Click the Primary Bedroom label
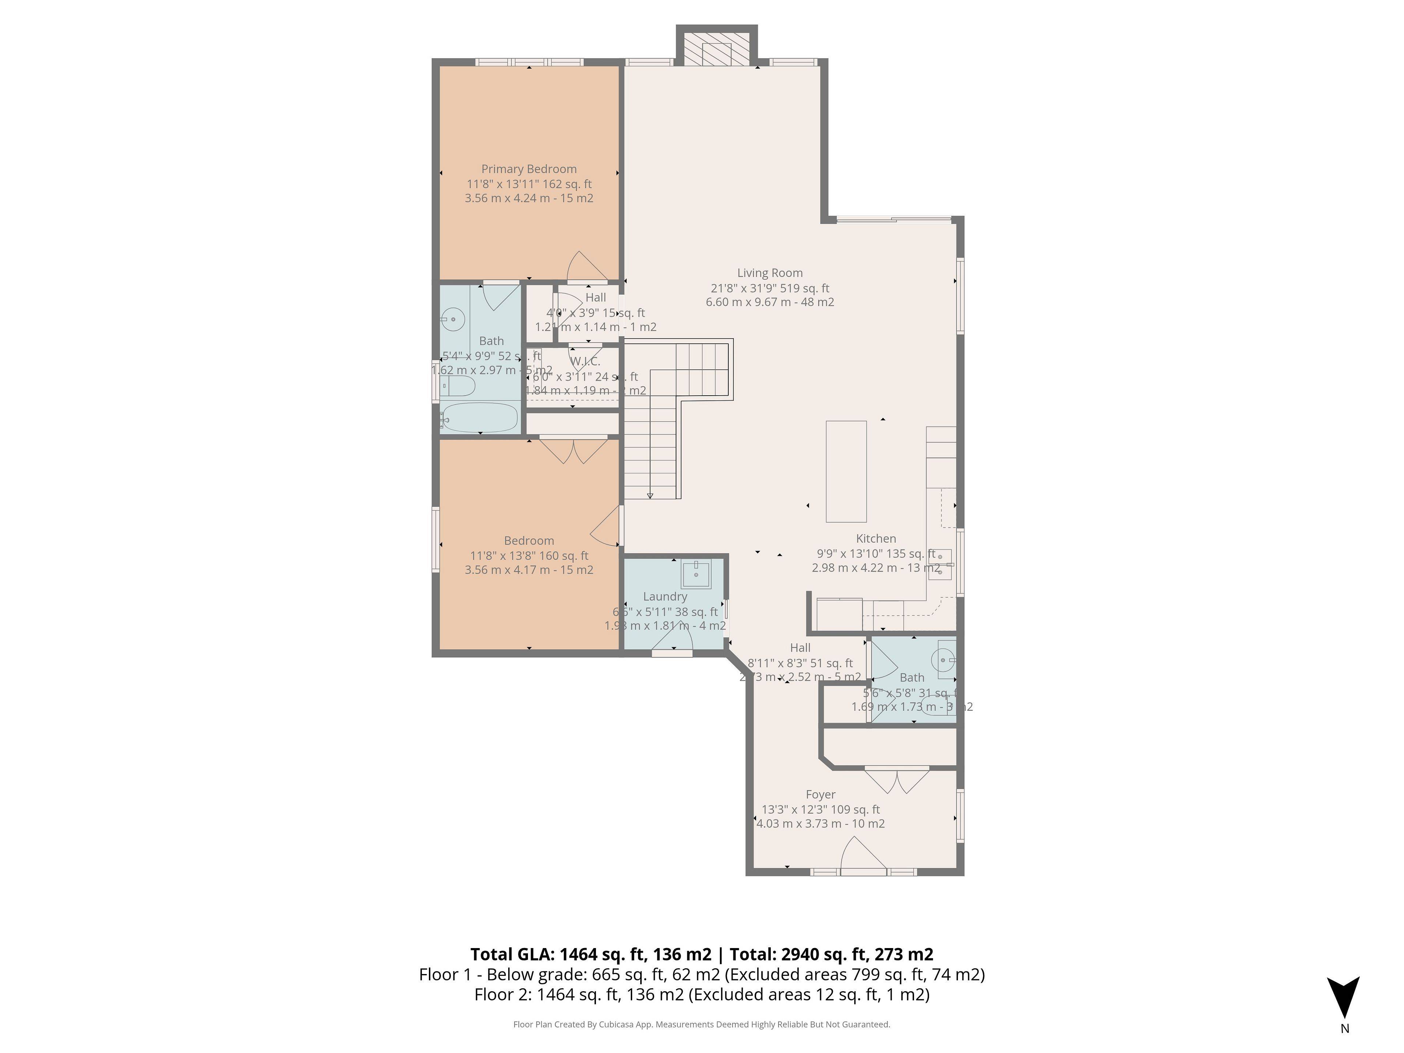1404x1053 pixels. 529,169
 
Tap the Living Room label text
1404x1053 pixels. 769,273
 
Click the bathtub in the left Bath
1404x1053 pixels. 480,418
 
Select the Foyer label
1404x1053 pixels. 820,795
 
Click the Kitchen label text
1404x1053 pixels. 876,538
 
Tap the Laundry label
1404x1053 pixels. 665,597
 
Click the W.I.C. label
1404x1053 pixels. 585,361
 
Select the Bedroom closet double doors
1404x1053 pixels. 573,451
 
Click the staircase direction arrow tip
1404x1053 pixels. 650,497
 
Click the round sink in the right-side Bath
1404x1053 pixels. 943,660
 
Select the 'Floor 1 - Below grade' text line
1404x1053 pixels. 701,974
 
